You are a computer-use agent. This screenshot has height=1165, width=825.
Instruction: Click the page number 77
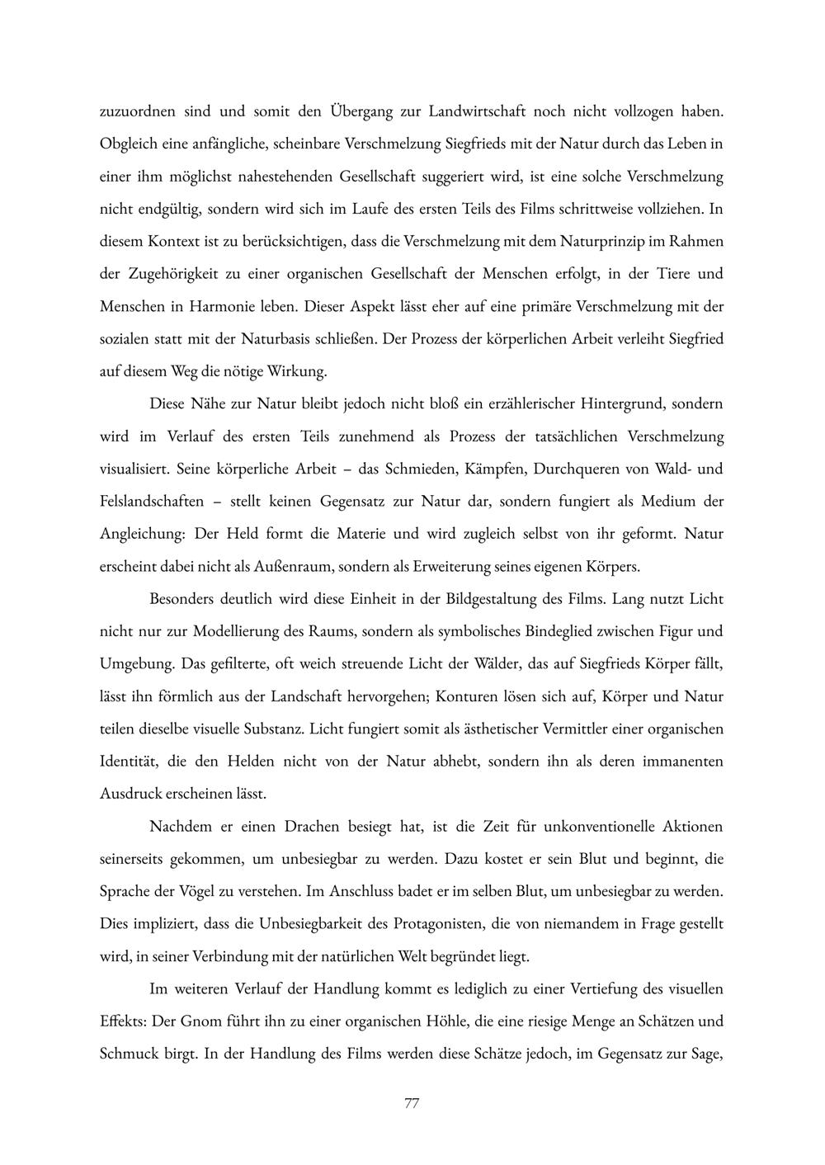(412, 1103)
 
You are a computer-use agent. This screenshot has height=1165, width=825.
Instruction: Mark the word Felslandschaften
(151, 501)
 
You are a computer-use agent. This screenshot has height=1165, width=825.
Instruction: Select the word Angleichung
(141, 534)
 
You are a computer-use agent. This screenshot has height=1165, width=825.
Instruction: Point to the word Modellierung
(236, 631)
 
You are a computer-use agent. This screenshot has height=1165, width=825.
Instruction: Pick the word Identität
(126, 762)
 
